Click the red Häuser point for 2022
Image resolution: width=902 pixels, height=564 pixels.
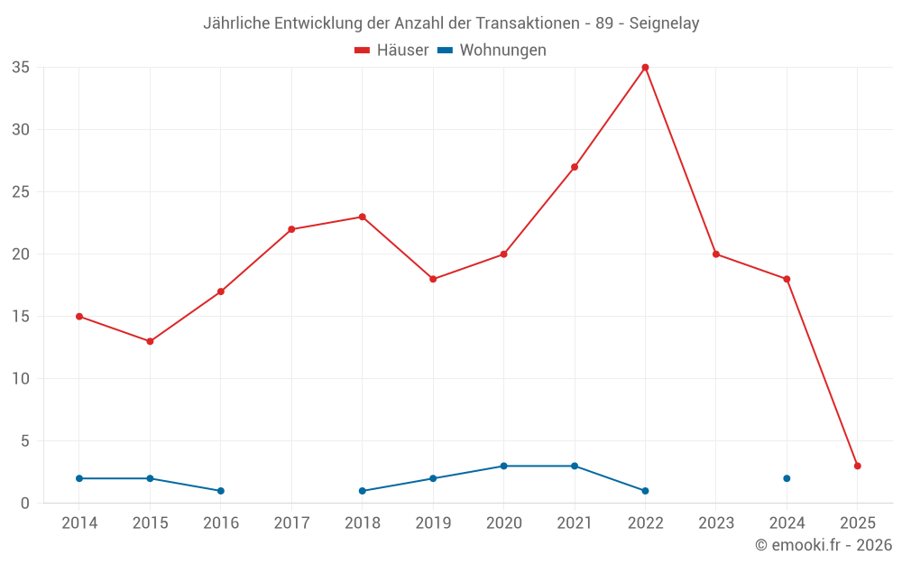(645, 68)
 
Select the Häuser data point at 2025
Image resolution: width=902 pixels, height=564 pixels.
(858, 466)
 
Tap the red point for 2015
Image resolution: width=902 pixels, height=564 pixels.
(150, 341)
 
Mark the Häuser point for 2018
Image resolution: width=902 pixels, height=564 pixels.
(363, 217)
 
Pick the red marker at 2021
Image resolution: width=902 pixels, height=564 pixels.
(575, 167)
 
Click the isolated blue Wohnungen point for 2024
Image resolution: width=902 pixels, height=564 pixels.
(787, 478)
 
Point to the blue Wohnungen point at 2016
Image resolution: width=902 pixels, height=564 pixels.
(221, 491)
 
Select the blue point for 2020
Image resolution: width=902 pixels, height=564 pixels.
(503, 466)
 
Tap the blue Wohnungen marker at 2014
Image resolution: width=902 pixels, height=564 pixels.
(79, 478)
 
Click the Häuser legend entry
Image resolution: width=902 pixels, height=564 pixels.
(391, 51)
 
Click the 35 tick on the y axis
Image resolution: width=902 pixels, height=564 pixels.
(21, 68)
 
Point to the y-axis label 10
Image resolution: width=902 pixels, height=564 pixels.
(21, 379)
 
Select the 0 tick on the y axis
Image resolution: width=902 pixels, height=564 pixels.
(25, 504)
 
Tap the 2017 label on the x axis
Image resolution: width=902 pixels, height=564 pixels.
(291, 523)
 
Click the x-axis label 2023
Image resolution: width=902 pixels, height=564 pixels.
(716, 523)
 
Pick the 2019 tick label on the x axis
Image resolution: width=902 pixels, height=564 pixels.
(433, 523)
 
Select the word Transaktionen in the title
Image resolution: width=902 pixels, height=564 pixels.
(529, 23)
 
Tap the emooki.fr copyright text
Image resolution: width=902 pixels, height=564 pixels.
(824, 545)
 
